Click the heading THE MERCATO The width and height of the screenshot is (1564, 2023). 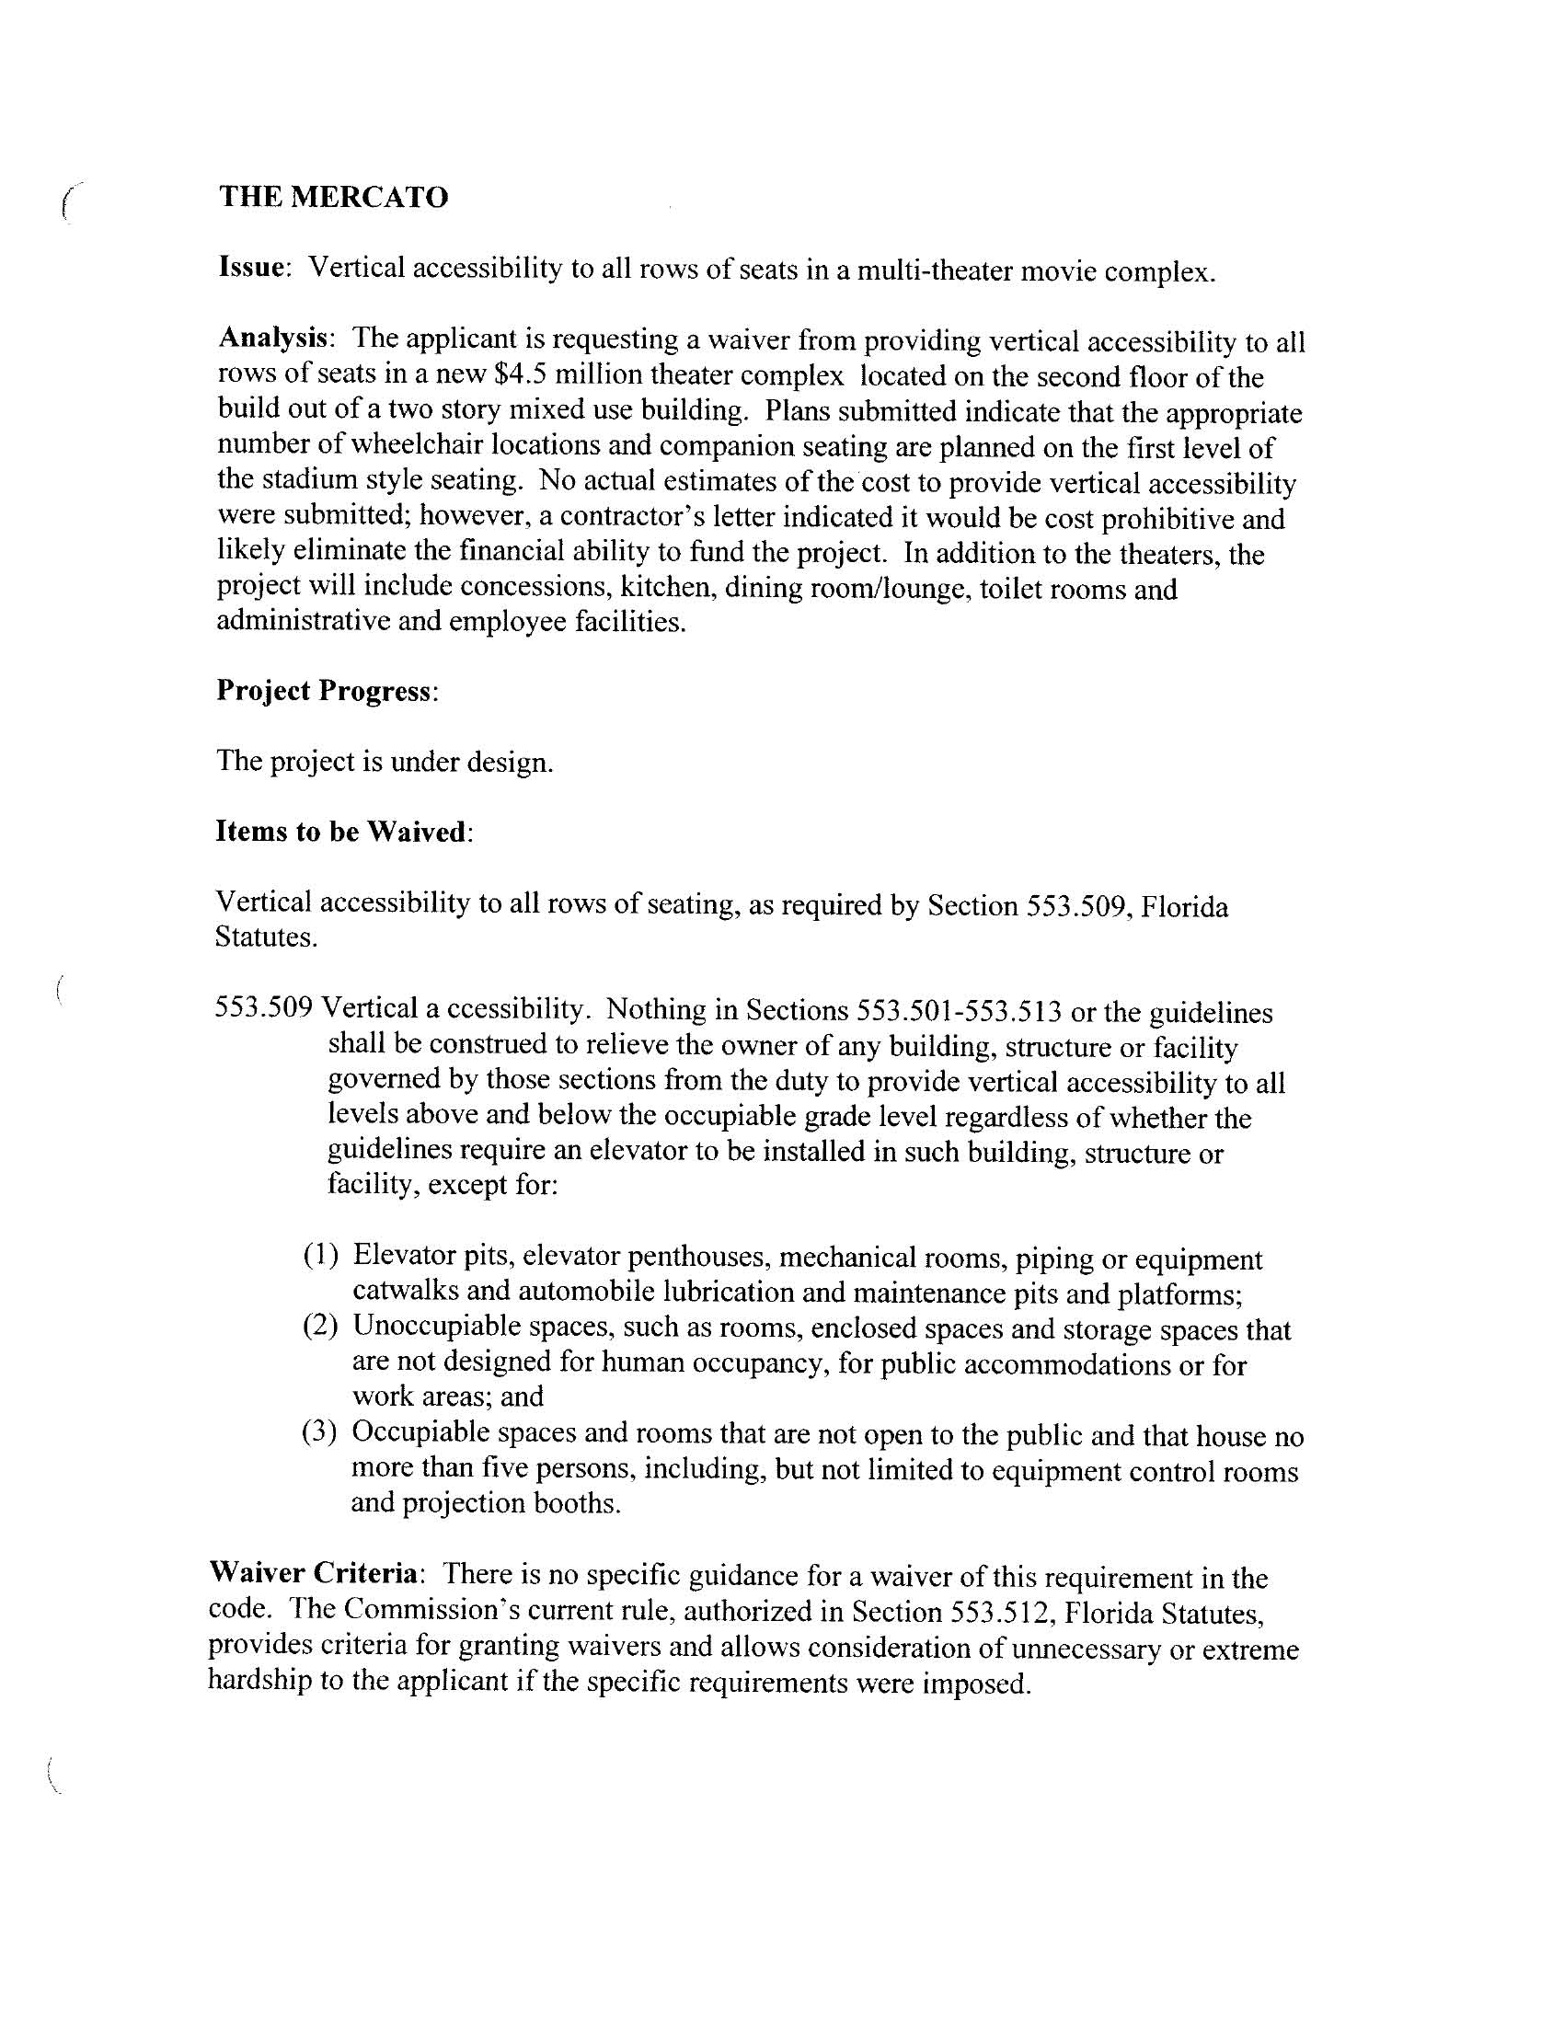point(334,197)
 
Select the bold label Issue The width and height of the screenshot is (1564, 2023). point(250,268)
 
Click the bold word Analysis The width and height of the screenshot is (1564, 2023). point(273,339)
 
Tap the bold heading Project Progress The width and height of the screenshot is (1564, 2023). point(324,690)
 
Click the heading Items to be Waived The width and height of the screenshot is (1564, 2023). point(341,831)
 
